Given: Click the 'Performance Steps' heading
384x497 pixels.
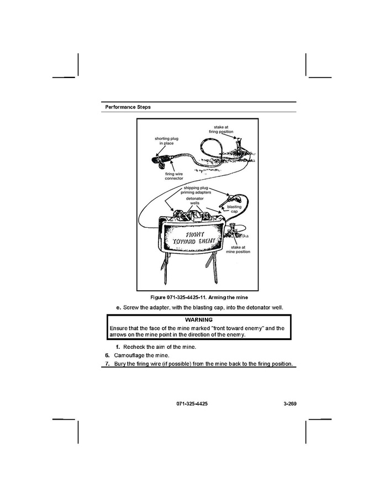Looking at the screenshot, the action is pyautogui.click(x=128, y=107).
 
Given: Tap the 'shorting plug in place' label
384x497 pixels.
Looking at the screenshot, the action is pyautogui.click(x=166, y=141).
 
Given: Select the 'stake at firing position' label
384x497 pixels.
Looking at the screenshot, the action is pyautogui.click(x=221, y=129).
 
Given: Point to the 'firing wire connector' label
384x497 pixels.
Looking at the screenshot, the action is pyautogui.click(x=174, y=176).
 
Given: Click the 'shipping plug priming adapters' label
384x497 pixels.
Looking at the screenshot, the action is pyautogui.click(x=196, y=190).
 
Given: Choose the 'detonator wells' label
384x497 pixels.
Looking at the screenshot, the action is pyautogui.click(x=194, y=201).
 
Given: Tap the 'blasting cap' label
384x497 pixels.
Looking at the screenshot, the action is pyautogui.click(x=234, y=209).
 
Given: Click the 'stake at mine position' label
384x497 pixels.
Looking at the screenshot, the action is pyautogui.click(x=238, y=249).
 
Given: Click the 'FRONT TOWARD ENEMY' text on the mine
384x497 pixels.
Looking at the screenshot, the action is pyautogui.click(x=193, y=238).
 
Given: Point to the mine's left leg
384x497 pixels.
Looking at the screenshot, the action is pyautogui.click(x=165, y=269).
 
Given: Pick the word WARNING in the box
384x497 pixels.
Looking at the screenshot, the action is pyautogui.click(x=199, y=320).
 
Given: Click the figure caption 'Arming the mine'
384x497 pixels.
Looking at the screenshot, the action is pyautogui.click(x=228, y=297).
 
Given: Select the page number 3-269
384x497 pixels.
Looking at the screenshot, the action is pyautogui.click(x=290, y=404).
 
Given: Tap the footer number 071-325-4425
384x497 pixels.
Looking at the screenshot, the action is pyautogui.click(x=192, y=404).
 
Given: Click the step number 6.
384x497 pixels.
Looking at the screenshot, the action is pyautogui.click(x=107, y=355).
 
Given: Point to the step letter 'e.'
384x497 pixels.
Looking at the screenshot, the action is pyautogui.click(x=119, y=307).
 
